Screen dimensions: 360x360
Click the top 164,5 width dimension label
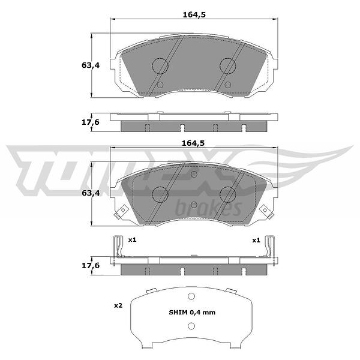coord(194,15)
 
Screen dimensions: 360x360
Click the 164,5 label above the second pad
coord(193,143)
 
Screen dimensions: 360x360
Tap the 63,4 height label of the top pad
coord(91,65)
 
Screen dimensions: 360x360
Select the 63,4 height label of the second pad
coord(91,193)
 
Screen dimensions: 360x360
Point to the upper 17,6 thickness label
coord(91,122)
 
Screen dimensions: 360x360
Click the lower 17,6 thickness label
coord(91,266)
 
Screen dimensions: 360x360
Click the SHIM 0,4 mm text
coord(192,313)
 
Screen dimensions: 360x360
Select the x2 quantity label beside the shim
coord(118,305)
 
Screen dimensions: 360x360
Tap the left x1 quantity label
coord(132,240)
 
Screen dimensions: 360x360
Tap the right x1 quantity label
coord(256,241)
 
